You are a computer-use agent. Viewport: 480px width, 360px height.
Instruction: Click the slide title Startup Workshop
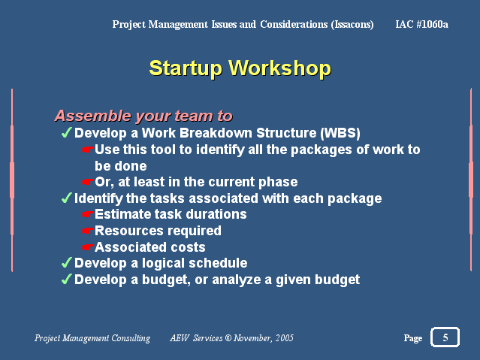[x=240, y=68]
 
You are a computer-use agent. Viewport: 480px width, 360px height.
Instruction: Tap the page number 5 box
[x=445, y=337]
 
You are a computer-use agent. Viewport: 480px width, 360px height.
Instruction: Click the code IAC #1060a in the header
[x=421, y=24]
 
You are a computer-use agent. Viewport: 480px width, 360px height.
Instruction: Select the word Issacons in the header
[x=352, y=24]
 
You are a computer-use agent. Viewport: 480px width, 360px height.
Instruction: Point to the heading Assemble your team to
[x=143, y=116]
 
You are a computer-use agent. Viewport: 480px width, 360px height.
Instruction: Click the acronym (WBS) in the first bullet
[x=340, y=133]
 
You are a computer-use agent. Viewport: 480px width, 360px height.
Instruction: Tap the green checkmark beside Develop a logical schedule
[x=66, y=262]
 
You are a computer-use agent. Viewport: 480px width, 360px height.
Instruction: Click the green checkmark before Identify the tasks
[x=66, y=198]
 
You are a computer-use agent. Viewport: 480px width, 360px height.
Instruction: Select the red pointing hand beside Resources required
[x=88, y=231]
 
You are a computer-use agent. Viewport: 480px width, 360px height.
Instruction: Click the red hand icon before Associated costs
[x=88, y=247]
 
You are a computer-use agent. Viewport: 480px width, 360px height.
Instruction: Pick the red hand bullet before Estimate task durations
[x=88, y=214]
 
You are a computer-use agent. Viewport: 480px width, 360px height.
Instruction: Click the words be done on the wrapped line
[x=121, y=166]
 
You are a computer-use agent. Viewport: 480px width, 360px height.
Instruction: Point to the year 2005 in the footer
[x=285, y=338]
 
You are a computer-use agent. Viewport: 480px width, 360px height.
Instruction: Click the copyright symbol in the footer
[x=228, y=338]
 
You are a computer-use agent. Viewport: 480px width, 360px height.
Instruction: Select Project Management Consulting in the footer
[x=92, y=338]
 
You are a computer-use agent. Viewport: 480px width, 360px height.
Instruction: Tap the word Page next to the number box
[x=413, y=338]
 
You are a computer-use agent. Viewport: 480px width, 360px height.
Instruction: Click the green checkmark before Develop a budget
[x=66, y=279]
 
